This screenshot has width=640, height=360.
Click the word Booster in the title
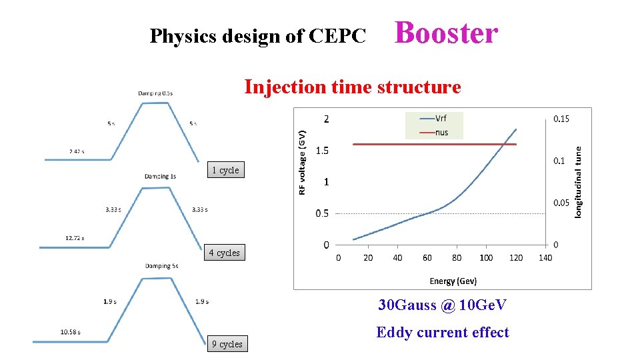point(446,33)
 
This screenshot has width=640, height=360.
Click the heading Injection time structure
point(352,87)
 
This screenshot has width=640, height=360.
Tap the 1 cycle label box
point(225,170)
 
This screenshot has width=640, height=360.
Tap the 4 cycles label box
point(224,253)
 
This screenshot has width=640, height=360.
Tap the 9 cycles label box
point(227,344)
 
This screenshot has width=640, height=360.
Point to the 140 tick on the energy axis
point(545,258)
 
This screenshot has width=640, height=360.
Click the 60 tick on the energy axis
point(427,258)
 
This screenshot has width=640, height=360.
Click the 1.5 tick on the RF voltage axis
point(321,151)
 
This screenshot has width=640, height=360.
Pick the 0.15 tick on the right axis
point(561,119)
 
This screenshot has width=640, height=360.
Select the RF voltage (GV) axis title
point(302,163)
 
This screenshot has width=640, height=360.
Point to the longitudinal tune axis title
point(578,181)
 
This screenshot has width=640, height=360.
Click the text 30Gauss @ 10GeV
point(442,305)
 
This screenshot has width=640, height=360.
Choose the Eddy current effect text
point(442,332)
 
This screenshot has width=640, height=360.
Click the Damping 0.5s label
point(155,93)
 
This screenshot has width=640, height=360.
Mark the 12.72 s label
point(74,237)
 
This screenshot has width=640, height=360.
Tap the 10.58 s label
point(71,331)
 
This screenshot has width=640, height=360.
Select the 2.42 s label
point(77,151)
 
